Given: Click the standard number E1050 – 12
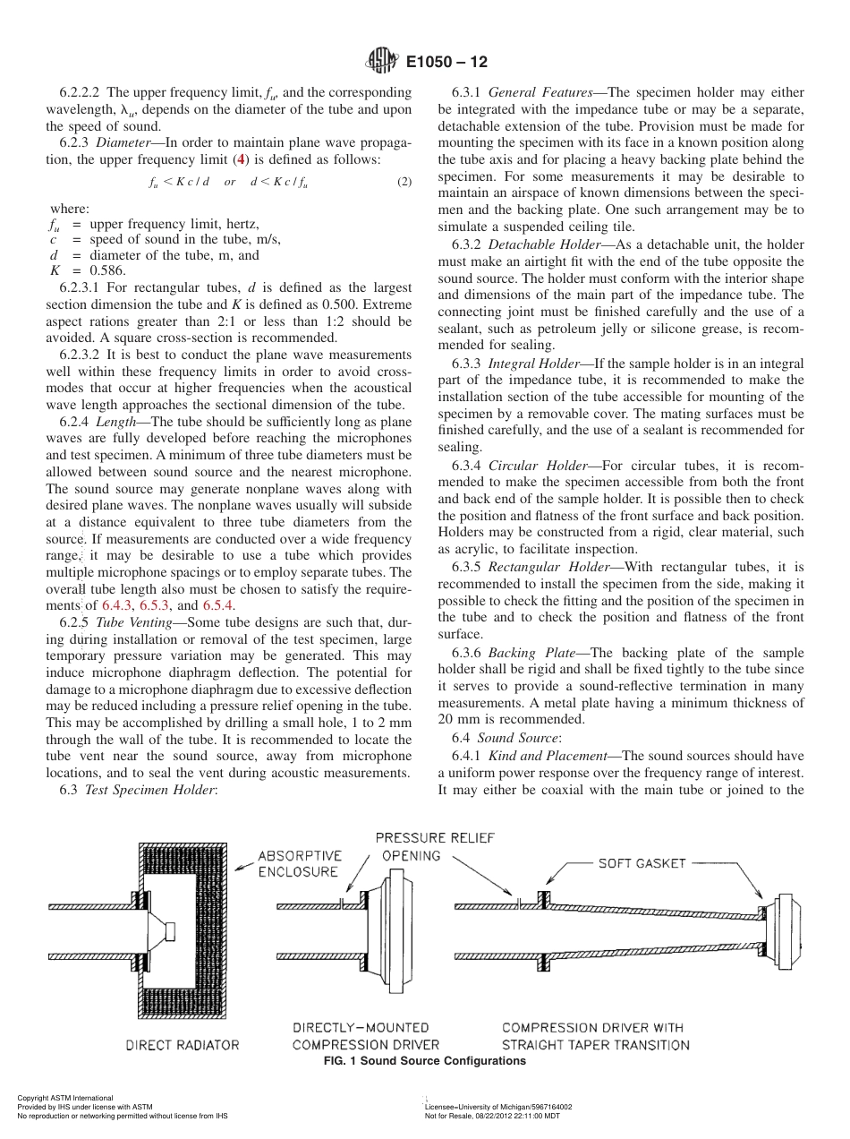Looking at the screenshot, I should [446, 63].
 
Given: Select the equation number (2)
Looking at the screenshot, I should [404, 182].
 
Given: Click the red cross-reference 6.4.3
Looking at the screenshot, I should [119, 605].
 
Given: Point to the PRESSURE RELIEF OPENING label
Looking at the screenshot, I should [435, 846].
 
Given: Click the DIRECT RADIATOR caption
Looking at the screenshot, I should [182, 1045].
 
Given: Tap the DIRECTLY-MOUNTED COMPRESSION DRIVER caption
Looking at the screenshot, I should [366, 1036].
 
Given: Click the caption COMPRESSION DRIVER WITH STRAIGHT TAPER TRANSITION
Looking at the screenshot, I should [595, 1036].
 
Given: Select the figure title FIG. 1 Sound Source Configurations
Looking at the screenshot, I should [424, 1061].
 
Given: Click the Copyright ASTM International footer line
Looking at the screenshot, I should [65, 1098].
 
